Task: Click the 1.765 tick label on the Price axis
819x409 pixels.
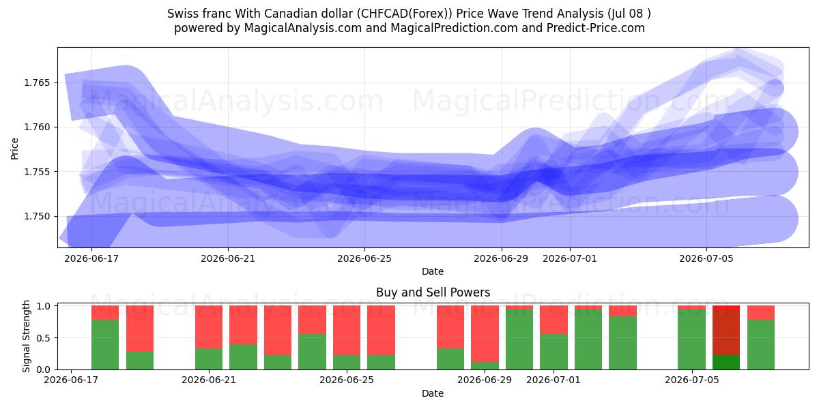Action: pyautogui.click(x=37, y=83)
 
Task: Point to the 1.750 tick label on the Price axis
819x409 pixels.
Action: pyautogui.click(x=37, y=217)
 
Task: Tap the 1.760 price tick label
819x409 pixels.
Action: pyautogui.click(x=37, y=127)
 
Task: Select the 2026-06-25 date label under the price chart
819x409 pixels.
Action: pyautogui.click(x=364, y=258)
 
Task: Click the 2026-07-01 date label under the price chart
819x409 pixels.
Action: pyautogui.click(x=570, y=258)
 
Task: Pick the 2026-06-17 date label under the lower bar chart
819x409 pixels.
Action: pyautogui.click(x=71, y=380)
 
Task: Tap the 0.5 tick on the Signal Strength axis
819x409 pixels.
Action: pyautogui.click(x=44, y=338)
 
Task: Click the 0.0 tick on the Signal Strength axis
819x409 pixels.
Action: pyautogui.click(x=44, y=369)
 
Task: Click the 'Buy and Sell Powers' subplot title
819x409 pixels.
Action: pyautogui.click(x=433, y=292)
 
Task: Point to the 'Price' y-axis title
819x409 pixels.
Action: pyautogui.click(x=14, y=149)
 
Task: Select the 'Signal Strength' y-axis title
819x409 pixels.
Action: pyautogui.click(x=26, y=336)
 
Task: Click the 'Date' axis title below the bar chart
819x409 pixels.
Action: pyautogui.click(x=433, y=393)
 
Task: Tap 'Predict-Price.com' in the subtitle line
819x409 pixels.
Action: pyautogui.click(x=596, y=28)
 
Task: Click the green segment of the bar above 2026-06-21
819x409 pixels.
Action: pyautogui.click(x=209, y=359)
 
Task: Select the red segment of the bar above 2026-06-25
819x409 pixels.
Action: pyautogui.click(x=347, y=330)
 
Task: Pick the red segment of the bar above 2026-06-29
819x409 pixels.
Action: pyautogui.click(x=485, y=333)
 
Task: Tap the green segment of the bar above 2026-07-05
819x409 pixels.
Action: pyautogui.click(x=692, y=339)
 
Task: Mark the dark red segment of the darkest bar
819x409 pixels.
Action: pyautogui.click(x=726, y=330)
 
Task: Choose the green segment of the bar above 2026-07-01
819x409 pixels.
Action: pyautogui.click(x=554, y=352)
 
